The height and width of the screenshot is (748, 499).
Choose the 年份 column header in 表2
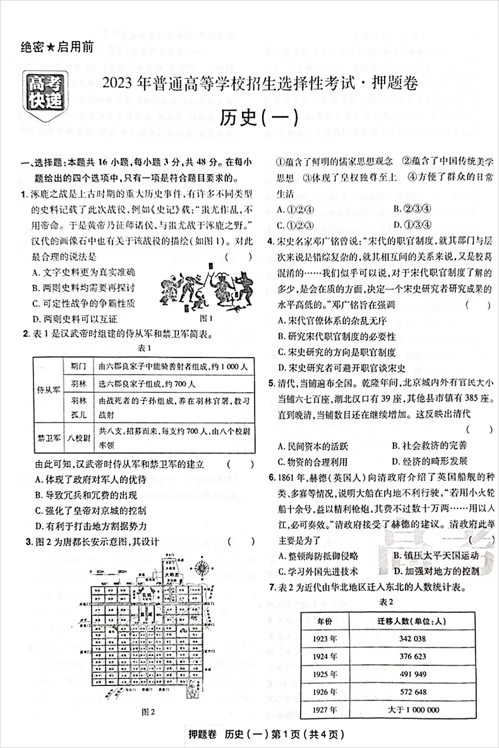point(329,621)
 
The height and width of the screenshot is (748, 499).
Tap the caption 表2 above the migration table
point(386,602)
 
